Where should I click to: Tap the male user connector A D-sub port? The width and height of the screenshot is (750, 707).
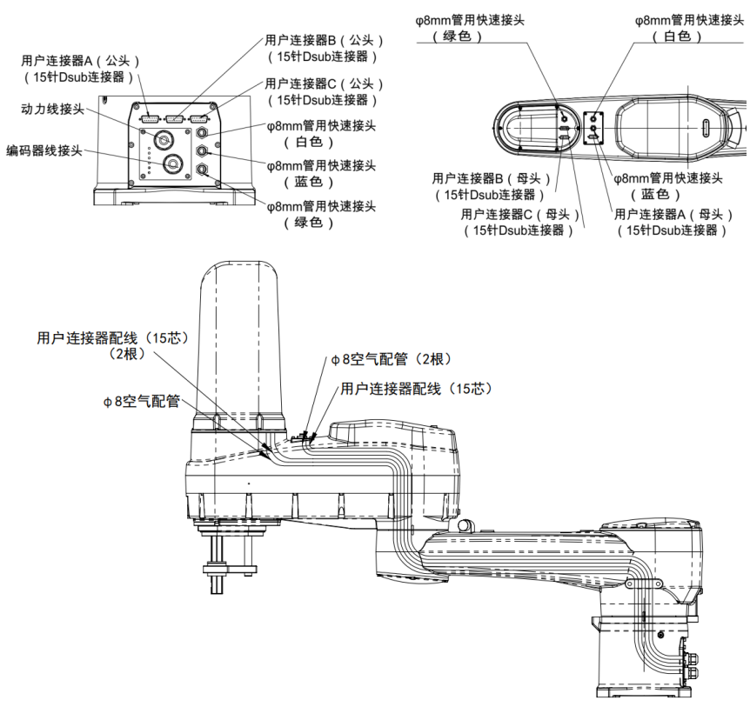point(149,118)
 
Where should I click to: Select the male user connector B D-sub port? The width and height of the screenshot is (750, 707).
point(174,118)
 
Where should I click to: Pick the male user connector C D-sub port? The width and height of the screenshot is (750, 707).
point(199,118)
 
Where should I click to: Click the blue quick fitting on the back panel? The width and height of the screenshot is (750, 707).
point(202,151)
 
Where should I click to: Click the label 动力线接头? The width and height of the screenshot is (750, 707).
point(51,109)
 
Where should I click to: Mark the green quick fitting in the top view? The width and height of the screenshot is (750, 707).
point(564,117)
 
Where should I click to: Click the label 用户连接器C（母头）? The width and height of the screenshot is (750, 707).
point(518,215)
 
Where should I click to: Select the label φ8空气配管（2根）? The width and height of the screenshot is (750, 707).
point(390,359)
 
